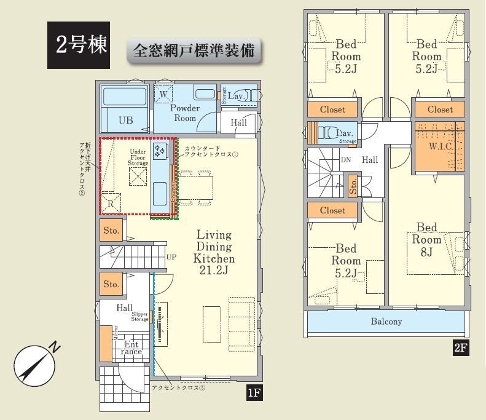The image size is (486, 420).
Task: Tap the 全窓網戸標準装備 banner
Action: tap(194, 50)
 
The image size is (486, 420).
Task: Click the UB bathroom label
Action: tap(125, 121)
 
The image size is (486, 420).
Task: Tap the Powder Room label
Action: tap(184, 113)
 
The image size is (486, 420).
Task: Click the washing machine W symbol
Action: tap(163, 94)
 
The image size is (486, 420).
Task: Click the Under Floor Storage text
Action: tap(138, 157)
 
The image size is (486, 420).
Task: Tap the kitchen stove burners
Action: tap(160, 151)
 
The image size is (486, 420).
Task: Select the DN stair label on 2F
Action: tap(345, 160)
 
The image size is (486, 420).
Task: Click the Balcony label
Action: tap(386, 322)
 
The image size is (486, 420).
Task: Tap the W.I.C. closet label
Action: tap(441, 146)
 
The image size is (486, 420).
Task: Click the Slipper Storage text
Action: tap(139, 316)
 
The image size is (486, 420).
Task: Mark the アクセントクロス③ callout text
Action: tap(179, 388)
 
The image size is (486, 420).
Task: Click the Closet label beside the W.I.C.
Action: tap(440, 109)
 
